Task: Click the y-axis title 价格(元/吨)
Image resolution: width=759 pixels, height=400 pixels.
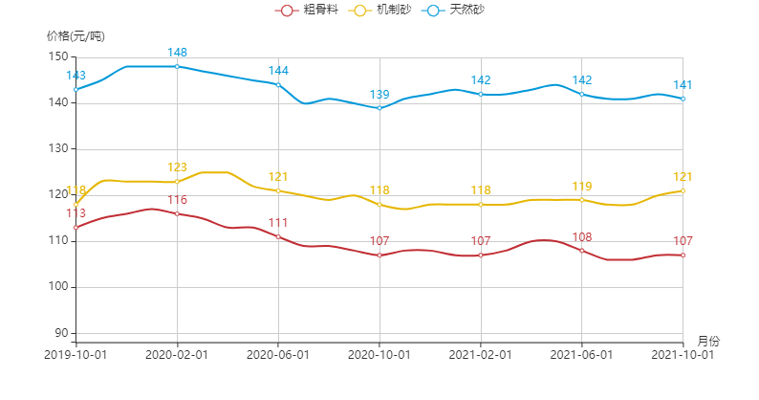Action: pos(76,36)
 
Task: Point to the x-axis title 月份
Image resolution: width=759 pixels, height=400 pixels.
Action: pos(708,341)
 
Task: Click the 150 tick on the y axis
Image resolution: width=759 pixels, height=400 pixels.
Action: pos(58,56)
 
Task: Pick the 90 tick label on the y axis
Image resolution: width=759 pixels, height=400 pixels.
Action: pos(61,333)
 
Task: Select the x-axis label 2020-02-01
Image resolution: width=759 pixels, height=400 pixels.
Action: pos(177,354)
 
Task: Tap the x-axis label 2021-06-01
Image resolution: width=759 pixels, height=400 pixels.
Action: pos(582,354)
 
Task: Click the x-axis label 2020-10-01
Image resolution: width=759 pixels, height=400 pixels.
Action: pos(379,354)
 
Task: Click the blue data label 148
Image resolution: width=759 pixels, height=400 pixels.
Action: pos(178,53)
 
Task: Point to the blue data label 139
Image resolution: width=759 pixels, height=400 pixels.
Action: pos(379,95)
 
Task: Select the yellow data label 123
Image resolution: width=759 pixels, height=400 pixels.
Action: pos(178,168)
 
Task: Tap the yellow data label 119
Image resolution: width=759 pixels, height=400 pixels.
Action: pos(582,187)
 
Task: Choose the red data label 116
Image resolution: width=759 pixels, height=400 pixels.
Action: pos(178,200)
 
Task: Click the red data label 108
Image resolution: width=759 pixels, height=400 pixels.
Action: pos(582,237)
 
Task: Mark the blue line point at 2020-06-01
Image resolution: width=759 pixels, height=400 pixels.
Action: pos(278,84)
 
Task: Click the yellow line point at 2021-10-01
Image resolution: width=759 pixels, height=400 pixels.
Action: pos(683,190)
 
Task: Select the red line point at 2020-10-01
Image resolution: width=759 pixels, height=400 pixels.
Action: pos(379,256)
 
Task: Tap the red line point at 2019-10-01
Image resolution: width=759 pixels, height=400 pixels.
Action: pos(76,228)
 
